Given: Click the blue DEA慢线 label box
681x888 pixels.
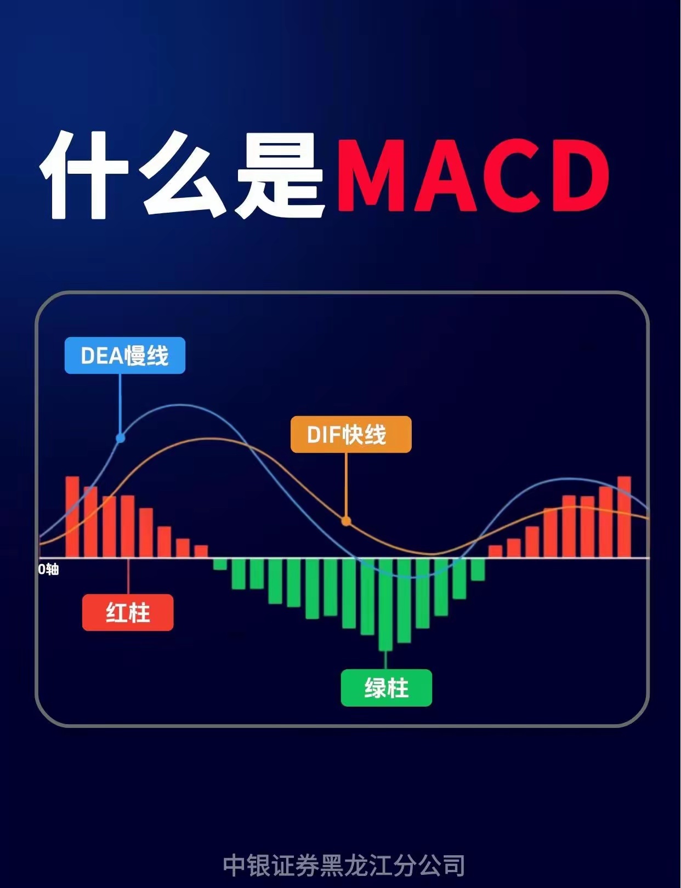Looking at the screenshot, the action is (x=125, y=356).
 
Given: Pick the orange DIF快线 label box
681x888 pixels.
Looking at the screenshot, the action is (x=351, y=435).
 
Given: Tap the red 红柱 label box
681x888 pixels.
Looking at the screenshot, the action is (x=128, y=612).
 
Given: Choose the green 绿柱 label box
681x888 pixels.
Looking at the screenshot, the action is (x=387, y=687).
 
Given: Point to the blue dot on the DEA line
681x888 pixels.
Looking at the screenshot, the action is (x=121, y=438).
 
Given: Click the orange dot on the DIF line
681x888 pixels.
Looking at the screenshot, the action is (x=346, y=521).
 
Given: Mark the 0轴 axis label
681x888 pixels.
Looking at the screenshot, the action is (x=48, y=570).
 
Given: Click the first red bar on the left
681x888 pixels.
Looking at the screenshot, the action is (x=72, y=517).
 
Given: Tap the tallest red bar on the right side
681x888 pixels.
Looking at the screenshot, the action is (x=624, y=517).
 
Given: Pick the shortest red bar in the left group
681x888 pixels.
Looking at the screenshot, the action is (x=201, y=551).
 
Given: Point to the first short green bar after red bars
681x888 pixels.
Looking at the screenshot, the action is (x=220, y=564).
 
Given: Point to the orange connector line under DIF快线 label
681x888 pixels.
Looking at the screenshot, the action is (x=346, y=485).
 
